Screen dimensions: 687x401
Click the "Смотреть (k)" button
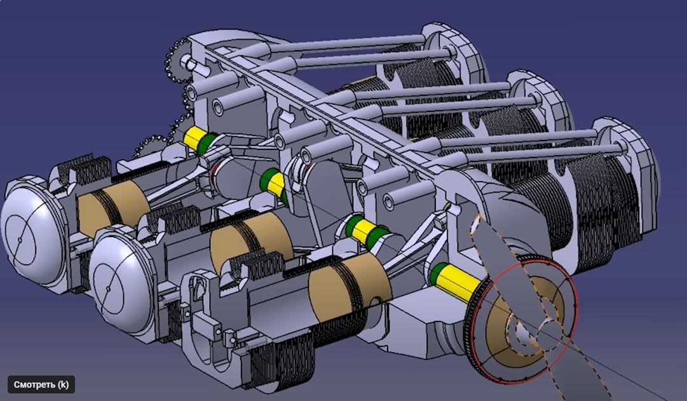point(41,384)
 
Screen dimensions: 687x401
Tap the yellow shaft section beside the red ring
point(458,283)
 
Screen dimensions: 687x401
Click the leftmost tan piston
point(114,204)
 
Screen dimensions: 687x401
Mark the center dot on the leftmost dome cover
point(20,240)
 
